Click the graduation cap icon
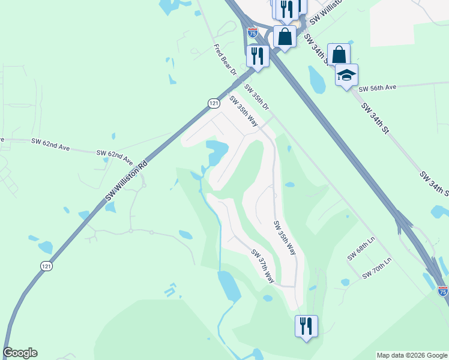point(346,75)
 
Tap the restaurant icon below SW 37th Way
point(306,326)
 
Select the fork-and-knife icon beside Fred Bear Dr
point(258,56)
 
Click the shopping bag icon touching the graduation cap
point(339,54)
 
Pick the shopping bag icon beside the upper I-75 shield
point(285,36)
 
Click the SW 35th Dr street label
point(257,97)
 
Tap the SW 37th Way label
point(263,266)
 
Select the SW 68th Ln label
point(360,248)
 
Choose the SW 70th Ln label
point(376,268)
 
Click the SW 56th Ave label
point(378,88)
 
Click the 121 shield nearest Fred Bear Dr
point(214,103)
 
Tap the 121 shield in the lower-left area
point(46,266)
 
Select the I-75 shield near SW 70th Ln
point(442,291)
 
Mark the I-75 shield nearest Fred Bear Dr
point(253,32)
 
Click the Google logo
point(20,353)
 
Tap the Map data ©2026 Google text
point(412,355)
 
